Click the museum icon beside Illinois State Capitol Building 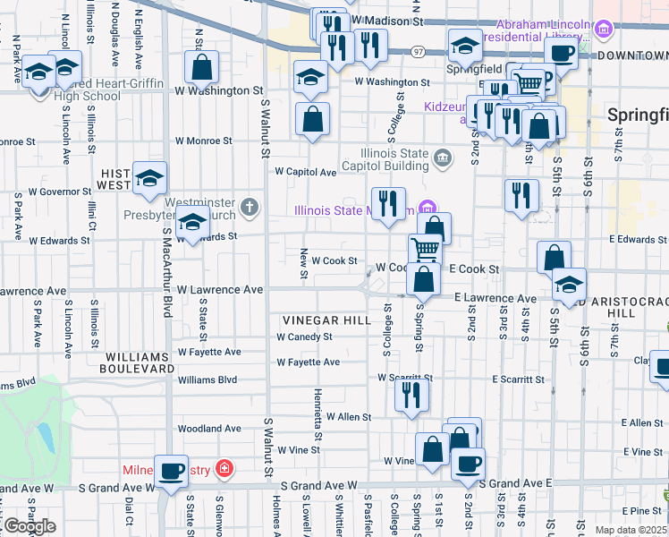[x=443, y=159]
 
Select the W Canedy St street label [x=304, y=337]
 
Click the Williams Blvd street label [x=207, y=380]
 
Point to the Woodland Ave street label [x=209, y=429]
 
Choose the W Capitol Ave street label [x=305, y=172]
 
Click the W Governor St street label [x=61, y=191]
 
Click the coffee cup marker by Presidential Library [x=561, y=54]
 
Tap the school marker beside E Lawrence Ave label [x=569, y=286]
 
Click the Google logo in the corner [x=30, y=526]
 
